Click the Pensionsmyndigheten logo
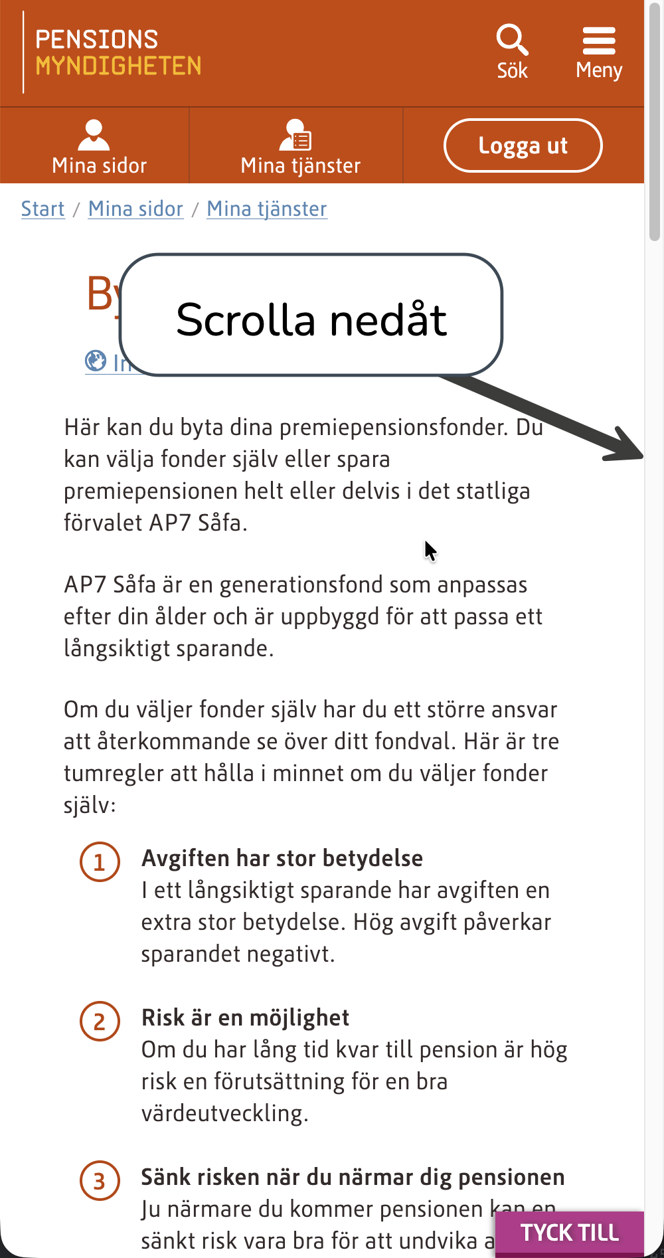pos(118,52)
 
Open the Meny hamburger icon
pos(599,41)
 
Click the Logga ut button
pos(523,145)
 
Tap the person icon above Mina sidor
pos(94,135)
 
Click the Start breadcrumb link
pos(43,209)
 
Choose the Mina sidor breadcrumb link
pos(135,209)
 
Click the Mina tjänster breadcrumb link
pos(267,209)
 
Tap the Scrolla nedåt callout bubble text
pos(311,319)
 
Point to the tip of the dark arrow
pos(641,456)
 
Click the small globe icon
pos(96,361)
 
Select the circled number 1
pos(100,862)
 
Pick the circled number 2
pos(100,1022)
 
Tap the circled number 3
pos(100,1181)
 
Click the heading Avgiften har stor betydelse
pos(282,858)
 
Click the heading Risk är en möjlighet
pos(245,1018)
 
